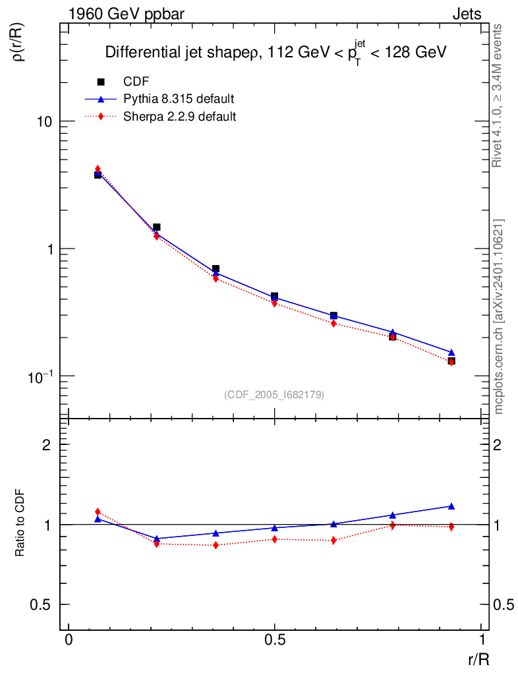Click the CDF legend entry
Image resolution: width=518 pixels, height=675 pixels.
click(x=136, y=82)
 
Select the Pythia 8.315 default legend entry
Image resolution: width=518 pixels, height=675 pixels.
click(x=179, y=99)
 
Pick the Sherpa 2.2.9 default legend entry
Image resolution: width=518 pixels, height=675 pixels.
click(x=180, y=117)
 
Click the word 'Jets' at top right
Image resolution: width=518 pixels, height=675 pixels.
click(x=467, y=13)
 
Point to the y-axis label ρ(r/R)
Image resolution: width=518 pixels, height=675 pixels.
click(x=19, y=44)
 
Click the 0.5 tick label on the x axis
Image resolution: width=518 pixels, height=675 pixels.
click(x=274, y=640)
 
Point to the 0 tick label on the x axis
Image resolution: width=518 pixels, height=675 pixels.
click(x=69, y=640)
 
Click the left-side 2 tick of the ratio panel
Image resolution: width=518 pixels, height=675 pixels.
click(x=47, y=445)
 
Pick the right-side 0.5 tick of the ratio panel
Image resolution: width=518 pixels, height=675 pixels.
click(x=505, y=605)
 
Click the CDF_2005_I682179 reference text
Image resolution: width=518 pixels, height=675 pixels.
click(x=274, y=394)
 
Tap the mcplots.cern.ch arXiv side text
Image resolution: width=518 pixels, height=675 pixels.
click(x=499, y=316)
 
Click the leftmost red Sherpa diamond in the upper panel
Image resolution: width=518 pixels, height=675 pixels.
click(x=98, y=169)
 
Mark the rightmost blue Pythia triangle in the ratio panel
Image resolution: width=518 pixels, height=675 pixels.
click(x=451, y=506)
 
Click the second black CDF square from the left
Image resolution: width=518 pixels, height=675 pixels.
click(x=157, y=227)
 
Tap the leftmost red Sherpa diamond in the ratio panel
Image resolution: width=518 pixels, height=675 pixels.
click(x=98, y=512)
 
